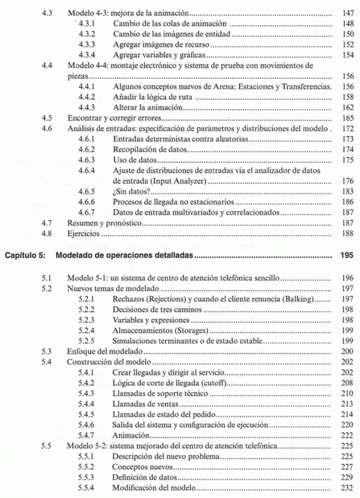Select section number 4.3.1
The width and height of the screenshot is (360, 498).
[x=88, y=23]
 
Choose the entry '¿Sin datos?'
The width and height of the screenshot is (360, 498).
[x=131, y=191]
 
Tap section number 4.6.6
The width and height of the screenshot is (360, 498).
[x=88, y=202]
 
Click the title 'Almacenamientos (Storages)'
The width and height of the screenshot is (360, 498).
[x=160, y=331]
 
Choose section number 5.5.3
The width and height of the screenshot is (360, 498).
[x=88, y=478]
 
